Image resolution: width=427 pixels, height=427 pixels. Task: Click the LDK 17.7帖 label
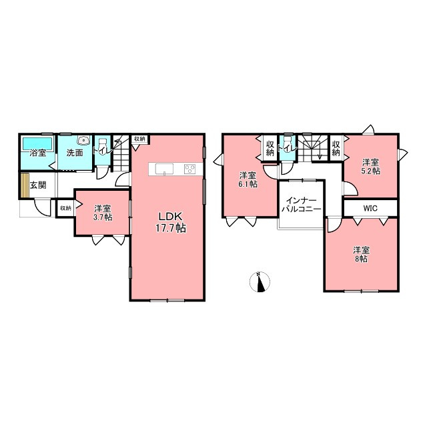(x=171, y=222)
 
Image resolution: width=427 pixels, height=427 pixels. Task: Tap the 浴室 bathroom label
(x=37, y=153)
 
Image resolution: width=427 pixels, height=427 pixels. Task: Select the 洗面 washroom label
(x=74, y=153)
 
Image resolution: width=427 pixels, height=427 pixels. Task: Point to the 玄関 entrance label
(x=38, y=185)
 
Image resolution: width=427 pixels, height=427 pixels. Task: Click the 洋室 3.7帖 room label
(x=103, y=213)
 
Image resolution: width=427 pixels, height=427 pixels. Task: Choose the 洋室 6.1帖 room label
(x=248, y=179)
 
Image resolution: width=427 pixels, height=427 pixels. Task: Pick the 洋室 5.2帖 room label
(x=370, y=167)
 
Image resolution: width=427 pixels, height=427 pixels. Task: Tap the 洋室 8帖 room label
(x=361, y=254)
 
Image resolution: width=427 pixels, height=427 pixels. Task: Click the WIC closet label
(x=370, y=208)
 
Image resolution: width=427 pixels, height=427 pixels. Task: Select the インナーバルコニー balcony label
(x=301, y=205)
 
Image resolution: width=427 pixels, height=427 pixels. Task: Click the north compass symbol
(x=260, y=282)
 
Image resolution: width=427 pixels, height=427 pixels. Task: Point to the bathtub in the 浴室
(x=37, y=143)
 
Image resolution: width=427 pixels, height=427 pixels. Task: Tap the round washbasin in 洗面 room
(x=83, y=140)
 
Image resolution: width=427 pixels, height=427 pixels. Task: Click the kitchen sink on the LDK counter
(x=164, y=169)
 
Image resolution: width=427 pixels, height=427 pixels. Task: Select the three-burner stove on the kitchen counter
(x=189, y=169)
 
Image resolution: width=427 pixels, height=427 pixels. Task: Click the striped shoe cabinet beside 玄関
(x=25, y=185)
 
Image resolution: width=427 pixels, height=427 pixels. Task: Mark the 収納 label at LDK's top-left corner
(x=139, y=139)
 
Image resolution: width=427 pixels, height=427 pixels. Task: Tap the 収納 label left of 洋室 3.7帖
(x=65, y=208)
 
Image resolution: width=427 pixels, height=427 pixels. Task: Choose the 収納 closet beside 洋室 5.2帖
(x=336, y=148)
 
